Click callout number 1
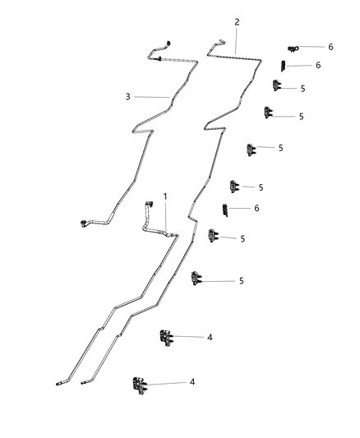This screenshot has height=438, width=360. coord(165,197)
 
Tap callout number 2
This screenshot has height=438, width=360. coord(237,22)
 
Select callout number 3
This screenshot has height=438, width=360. coord(128,97)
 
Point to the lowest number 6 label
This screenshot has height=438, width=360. coord(256,209)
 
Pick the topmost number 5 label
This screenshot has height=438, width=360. coord(302,88)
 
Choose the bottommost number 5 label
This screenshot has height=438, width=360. coord(242,281)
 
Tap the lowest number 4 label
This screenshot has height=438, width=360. coord(192,382)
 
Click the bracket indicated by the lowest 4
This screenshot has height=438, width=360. coord(138,383)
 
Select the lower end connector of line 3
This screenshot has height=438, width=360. coord(83,222)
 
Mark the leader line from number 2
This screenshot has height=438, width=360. coord(237,39)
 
